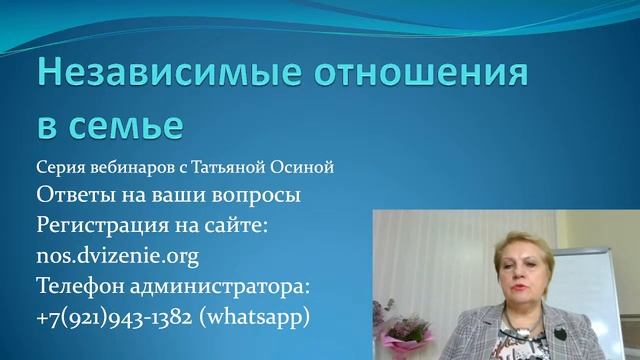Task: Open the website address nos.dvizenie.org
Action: coord(117,256)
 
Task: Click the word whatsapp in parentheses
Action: coord(266,317)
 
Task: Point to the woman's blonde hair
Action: coord(500,250)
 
